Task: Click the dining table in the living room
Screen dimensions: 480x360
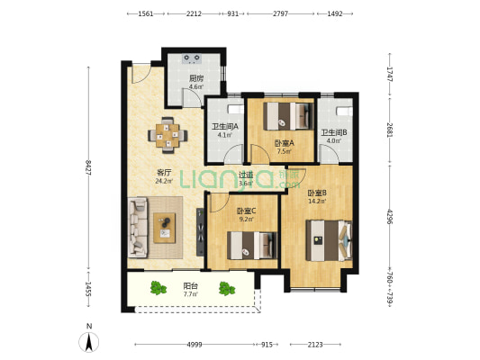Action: coord(168,136)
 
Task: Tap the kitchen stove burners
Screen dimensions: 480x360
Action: coord(192,58)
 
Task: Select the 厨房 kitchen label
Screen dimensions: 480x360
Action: coord(196,78)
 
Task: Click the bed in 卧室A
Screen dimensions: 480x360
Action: coord(289,116)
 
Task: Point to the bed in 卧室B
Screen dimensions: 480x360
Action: coord(329,240)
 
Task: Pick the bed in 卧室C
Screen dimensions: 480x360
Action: coord(252,246)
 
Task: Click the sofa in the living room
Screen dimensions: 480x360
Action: coord(138,228)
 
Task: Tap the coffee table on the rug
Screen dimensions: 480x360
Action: coord(165,228)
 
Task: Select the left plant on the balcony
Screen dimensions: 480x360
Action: coord(158,288)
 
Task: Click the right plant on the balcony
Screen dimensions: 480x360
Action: coord(227,288)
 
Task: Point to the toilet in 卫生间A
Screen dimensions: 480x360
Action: coord(235,110)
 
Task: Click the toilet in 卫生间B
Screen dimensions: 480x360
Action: coord(344,111)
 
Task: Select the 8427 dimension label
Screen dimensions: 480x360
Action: coord(89,168)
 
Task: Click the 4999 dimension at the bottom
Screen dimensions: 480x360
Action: coord(195,345)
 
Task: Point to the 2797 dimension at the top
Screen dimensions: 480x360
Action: coord(280,13)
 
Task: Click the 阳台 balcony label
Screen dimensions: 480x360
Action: coord(190,286)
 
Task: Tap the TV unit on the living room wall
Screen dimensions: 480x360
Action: coord(200,232)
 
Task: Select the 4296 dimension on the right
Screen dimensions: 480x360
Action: coord(390,217)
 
